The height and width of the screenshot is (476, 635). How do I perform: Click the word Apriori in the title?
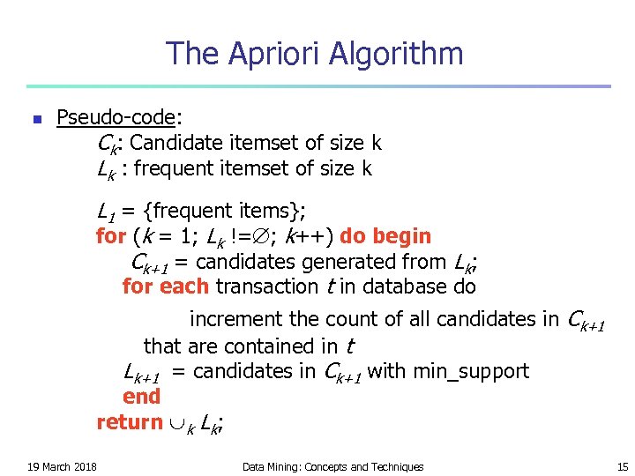pos(276,54)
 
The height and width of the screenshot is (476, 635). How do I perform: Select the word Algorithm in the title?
pos(396,54)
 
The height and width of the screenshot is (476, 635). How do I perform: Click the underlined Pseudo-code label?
pos(119,117)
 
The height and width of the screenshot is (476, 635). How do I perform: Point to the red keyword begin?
pos(403,236)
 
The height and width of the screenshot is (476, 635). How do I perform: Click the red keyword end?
pos(141,397)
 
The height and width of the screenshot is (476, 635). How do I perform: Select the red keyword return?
pos(130,422)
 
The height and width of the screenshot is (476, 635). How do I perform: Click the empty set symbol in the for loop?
pos(259,236)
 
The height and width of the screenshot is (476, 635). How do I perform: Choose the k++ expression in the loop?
pos(305,236)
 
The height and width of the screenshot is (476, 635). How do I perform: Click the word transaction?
pos(265,286)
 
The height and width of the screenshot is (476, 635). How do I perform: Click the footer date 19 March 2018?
pos(62,466)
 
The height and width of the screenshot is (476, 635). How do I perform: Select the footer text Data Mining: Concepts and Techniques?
pos(332,466)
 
